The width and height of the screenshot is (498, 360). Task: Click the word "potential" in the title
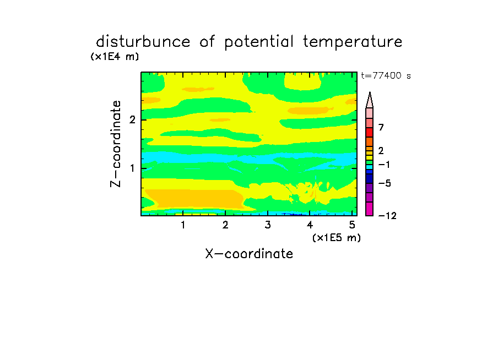click(259, 42)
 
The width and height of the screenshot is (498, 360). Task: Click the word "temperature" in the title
click(353, 42)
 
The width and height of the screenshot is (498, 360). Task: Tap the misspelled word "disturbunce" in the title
click(143, 41)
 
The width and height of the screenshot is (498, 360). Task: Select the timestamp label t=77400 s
click(386, 75)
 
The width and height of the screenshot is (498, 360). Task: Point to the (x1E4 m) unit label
click(115, 57)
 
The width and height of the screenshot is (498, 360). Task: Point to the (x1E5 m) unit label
click(337, 237)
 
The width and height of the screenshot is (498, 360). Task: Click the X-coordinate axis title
click(249, 254)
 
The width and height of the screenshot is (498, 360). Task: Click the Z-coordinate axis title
click(116, 144)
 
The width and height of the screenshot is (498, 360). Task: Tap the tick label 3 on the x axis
click(268, 225)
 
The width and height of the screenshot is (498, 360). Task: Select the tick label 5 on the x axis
click(352, 225)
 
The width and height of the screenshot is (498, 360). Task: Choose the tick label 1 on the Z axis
click(132, 168)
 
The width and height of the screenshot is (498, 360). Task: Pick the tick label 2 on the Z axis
click(132, 119)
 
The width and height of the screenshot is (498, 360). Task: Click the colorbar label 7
click(381, 127)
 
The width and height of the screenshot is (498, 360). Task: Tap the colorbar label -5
click(385, 183)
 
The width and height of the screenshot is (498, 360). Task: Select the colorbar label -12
click(387, 216)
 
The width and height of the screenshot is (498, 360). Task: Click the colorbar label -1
click(383, 165)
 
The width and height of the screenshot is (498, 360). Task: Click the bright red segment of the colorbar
click(370, 132)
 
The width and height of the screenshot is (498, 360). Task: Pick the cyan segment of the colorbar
click(370, 167)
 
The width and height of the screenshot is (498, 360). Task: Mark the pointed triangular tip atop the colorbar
click(370, 92)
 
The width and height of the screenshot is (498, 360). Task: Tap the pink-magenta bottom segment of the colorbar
click(370, 209)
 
